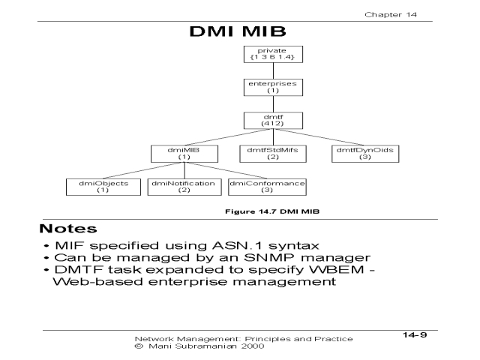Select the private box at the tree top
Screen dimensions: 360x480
coord(267,55)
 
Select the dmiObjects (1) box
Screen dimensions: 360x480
coord(103,187)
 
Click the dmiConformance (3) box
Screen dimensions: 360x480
coord(267,187)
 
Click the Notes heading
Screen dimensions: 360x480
coord(66,226)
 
